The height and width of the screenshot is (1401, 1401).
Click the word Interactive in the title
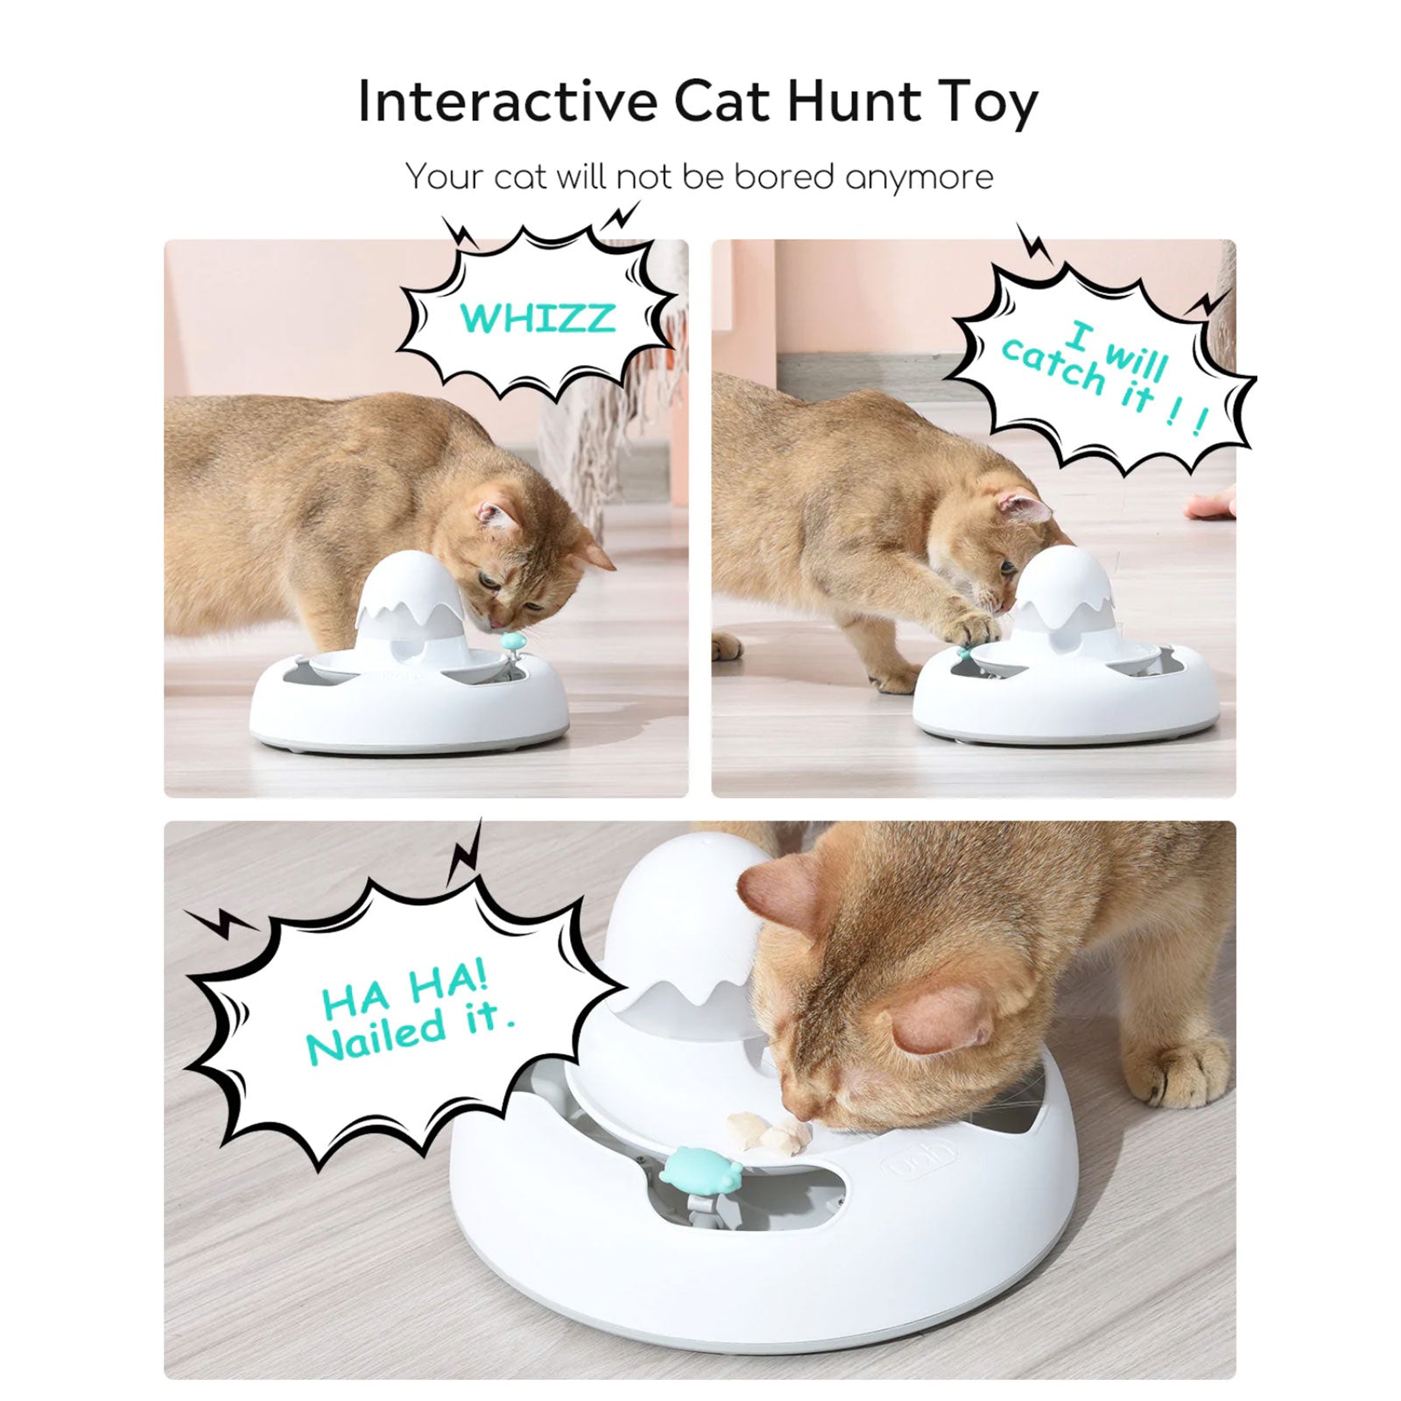point(507,102)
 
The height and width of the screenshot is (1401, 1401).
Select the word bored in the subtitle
point(783,177)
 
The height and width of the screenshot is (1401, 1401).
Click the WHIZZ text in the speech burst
point(537,318)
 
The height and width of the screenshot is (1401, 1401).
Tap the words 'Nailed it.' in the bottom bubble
point(410,1033)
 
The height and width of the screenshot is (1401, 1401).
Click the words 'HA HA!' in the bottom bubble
point(404,991)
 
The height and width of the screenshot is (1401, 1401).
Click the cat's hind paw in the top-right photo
point(728,648)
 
